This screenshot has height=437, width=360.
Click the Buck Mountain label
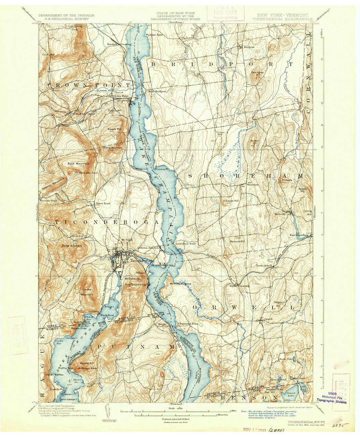pos(78,164)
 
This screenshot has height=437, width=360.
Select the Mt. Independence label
pos(180,283)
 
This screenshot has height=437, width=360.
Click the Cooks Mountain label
pos(87,292)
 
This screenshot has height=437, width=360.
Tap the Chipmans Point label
pos(188,323)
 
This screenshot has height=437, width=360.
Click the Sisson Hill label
pos(232,200)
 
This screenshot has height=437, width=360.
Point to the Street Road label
pos(103,203)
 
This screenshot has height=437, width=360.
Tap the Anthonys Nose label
pos(87,367)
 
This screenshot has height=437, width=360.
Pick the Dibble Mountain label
pos(112,148)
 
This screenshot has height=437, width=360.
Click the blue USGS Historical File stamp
pos(331,398)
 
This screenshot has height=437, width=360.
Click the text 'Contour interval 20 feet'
pos(176,418)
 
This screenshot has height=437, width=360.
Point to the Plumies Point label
pos(154,35)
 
